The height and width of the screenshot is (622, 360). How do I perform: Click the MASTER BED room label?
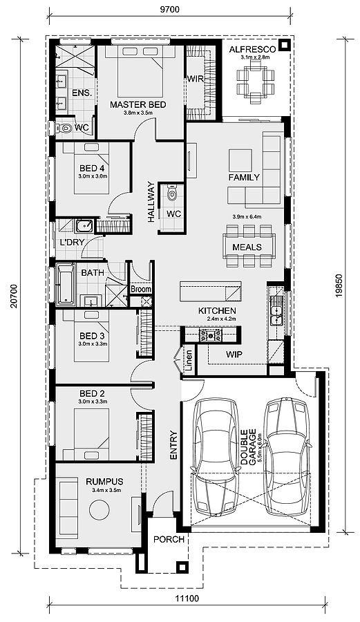[x=138, y=105]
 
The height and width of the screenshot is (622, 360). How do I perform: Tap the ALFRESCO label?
[x=253, y=50]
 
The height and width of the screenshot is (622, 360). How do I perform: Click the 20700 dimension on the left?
[x=15, y=296]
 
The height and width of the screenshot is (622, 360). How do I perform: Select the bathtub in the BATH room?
[x=66, y=285]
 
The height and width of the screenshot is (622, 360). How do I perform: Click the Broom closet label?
[x=141, y=289]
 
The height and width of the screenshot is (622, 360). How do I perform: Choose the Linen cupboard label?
[x=189, y=361]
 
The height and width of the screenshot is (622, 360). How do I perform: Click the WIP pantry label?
[x=234, y=355]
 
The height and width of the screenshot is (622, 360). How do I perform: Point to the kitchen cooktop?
[x=211, y=336]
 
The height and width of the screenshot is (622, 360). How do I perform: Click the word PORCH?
[x=169, y=540]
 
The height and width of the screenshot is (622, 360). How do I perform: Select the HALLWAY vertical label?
[x=151, y=202]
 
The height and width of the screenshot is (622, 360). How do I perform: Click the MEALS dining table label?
[x=247, y=247]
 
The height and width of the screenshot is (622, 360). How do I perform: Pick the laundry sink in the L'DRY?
[x=84, y=226]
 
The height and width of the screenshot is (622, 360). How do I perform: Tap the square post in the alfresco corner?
[x=284, y=45]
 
